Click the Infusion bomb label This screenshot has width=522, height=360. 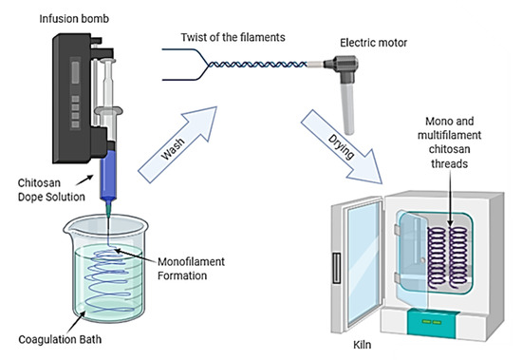coord(74,19)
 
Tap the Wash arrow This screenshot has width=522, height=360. coord(177,144)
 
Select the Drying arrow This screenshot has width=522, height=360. coord(342,146)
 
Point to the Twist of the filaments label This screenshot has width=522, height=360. coord(233,37)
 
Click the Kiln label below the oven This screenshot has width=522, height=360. coord(363,345)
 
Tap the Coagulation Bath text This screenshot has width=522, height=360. coord(60,339)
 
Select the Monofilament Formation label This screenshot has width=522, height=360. coord(191,269)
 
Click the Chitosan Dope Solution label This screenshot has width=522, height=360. coord(51,190)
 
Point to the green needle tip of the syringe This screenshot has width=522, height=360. coord(108,209)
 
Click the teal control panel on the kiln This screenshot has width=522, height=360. coord(432,323)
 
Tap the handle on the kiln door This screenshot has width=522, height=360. coord(336,268)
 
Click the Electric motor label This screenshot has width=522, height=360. coord(374,43)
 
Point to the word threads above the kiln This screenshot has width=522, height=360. coord(450,163)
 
